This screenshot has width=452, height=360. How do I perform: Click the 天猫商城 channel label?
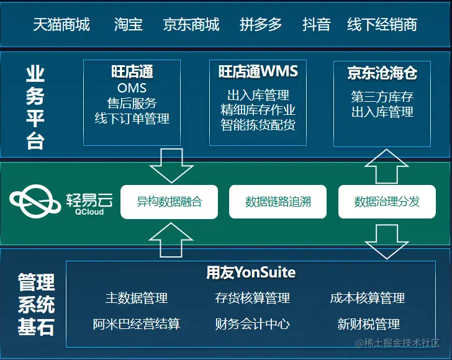click(x=61, y=25)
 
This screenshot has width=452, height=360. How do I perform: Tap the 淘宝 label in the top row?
click(x=129, y=25)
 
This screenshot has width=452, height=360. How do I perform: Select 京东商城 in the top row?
click(x=191, y=25)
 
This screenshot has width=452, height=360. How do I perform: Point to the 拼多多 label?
click(x=261, y=25)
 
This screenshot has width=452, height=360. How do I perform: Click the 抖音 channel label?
click(x=317, y=25)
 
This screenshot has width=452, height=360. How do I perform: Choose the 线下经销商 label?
click(x=382, y=25)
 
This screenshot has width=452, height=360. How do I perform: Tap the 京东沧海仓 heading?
click(x=382, y=73)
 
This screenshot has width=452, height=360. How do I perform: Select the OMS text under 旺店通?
click(x=132, y=88)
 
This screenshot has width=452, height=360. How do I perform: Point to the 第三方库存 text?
click(x=382, y=97)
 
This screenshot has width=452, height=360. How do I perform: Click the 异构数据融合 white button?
click(x=169, y=202)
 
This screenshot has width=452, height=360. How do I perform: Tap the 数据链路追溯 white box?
click(x=278, y=202)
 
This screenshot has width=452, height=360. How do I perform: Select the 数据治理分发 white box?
click(x=387, y=202)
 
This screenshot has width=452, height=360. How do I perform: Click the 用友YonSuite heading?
click(x=251, y=272)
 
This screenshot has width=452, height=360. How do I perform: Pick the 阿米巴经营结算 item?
click(x=137, y=324)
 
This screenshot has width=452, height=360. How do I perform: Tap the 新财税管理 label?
click(x=368, y=324)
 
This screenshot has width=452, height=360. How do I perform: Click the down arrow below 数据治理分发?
click(x=387, y=240)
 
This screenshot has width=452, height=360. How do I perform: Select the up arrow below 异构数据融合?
click(x=168, y=239)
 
